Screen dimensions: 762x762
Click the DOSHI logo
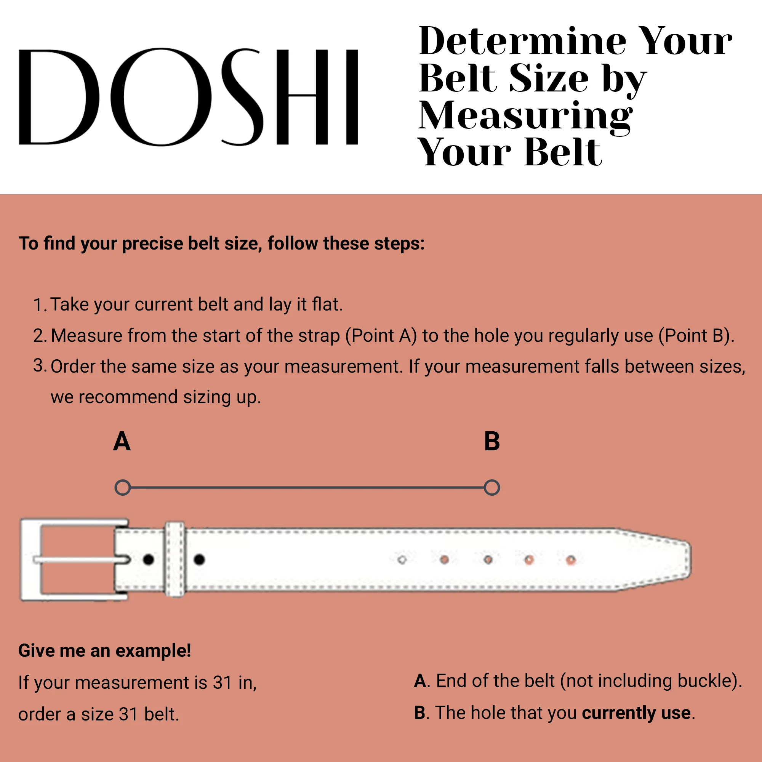point(189,97)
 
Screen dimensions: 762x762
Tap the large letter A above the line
point(122,441)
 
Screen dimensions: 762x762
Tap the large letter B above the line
point(492,441)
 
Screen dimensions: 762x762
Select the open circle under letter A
point(123,488)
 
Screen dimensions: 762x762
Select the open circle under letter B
point(492,488)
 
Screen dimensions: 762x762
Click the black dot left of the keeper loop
point(149,559)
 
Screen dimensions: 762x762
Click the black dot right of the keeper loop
point(199,559)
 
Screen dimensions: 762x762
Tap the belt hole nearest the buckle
point(402,560)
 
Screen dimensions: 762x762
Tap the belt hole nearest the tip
point(571,560)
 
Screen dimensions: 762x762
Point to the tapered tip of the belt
point(671,560)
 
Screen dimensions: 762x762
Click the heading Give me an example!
point(104,650)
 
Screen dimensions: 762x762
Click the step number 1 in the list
point(38,305)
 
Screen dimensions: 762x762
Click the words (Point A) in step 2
point(381,336)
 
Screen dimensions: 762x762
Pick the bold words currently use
point(636,713)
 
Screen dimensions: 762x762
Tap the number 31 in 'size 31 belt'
point(128,714)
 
